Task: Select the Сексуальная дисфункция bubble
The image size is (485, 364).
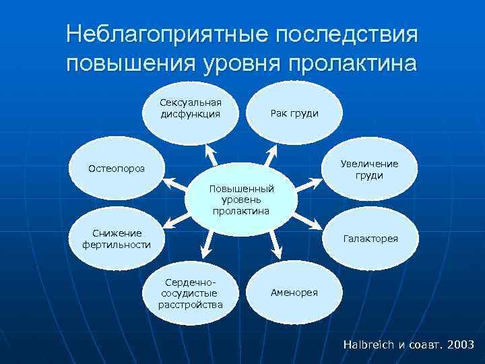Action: tap(191, 109)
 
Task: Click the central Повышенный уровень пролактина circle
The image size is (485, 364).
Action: tap(240, 200)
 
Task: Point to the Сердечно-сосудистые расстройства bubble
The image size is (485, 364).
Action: tap(191, 294)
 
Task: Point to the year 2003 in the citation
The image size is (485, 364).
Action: tap(459, 344)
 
